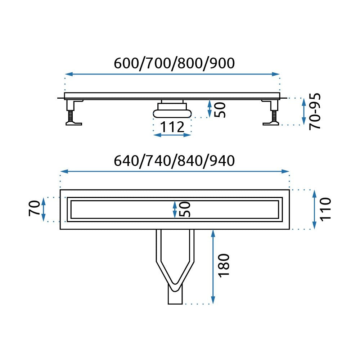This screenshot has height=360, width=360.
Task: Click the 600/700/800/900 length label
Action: [x=174, y=63]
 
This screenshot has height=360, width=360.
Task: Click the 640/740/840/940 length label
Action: [x=174, y=161]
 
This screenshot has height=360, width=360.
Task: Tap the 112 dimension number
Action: [x=172, y=127]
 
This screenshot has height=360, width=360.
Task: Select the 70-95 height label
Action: [x=315, y=112]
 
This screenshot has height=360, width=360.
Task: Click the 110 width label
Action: [x=325, y=210]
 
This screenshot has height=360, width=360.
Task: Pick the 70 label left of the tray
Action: [x=35, y=208]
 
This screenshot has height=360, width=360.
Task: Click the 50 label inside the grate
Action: [x=185, y=209]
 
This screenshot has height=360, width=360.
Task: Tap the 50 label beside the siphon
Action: [x=220, y=110]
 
